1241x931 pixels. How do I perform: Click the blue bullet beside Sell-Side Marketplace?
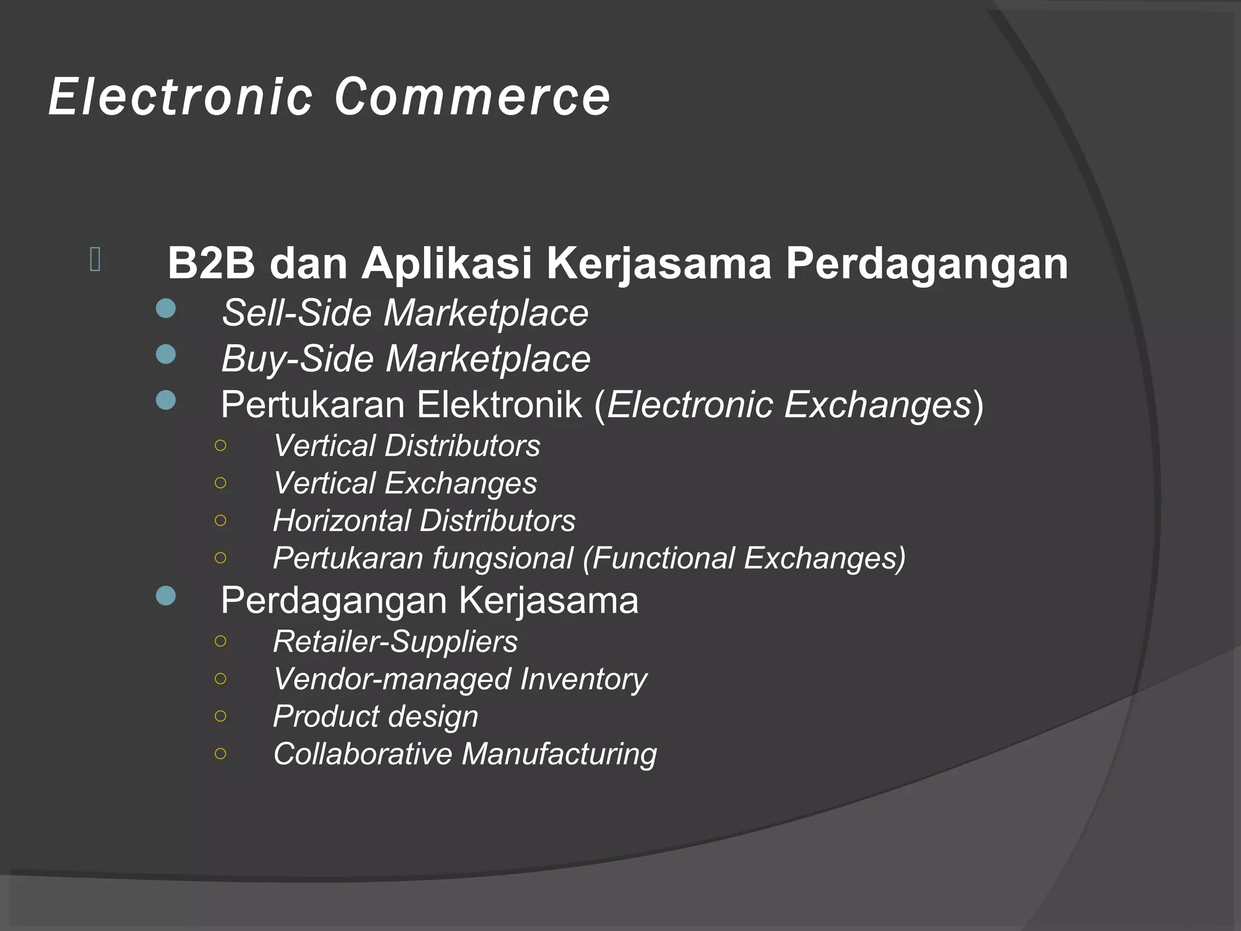pyautogui.click(x=165, y=309)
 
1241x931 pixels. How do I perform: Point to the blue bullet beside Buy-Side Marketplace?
pyautogui.click(x=165, y=354)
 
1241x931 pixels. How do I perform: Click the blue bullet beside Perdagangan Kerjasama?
pyautogui.click(x=165, y=596)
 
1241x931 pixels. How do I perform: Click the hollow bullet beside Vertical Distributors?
pyautogui.click(x=221, y=445)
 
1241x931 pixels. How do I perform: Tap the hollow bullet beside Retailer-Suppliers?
pyautogui.click(x=221, y=641)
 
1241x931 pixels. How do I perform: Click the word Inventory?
pyautogui.click(x=584, y=679)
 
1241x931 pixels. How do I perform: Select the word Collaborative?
pyautogui.click(x=362, y=754)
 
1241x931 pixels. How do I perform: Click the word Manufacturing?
pyautogui.click(x=559, y=754)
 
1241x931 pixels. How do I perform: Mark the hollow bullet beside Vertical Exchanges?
pyautogui.click(x=221, y=483)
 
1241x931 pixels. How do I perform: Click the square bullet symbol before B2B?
pyautogui.click(x=95, y=259)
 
